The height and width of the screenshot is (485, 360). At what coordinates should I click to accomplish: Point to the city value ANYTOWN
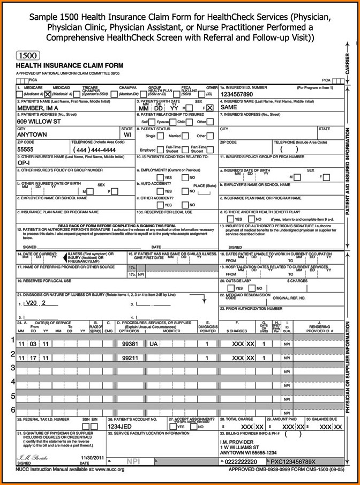32,135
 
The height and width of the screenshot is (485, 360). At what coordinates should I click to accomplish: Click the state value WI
127,135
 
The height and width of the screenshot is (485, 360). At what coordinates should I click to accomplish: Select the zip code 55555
26,150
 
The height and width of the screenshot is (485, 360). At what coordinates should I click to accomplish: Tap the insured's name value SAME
229,108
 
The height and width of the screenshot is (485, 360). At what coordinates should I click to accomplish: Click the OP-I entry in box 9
24,162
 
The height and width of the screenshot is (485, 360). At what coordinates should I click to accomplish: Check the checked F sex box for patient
209,108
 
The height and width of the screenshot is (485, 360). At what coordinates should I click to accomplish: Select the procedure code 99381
131,344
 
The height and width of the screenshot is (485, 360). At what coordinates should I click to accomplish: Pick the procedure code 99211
131,357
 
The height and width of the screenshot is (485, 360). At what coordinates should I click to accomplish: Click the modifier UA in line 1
154,344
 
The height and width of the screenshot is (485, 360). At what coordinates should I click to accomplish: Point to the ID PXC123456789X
293,461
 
